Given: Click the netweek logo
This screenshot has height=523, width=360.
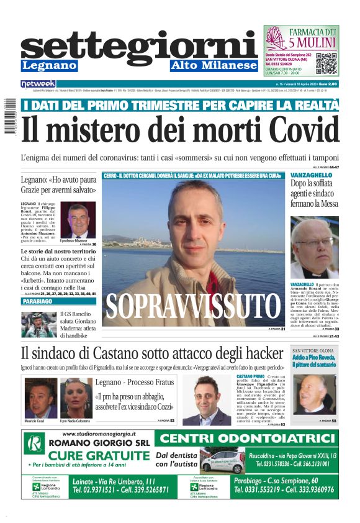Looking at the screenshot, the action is pyautogui.click(x=38, y=83).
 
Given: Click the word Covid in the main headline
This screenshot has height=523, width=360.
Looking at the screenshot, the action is pyautogui.click(x=297, y=130).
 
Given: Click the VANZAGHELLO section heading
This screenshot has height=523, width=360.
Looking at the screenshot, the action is pyautogui.click(x=311, y=176).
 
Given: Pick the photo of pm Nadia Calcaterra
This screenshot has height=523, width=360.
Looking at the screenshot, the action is pyautogui.click(x=76, y=398).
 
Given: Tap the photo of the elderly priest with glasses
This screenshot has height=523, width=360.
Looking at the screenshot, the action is pyautogui.click(x=315, y=248).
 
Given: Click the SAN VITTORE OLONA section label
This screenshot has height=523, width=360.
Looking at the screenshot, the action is pyautogui.click(x=314, y=352).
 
